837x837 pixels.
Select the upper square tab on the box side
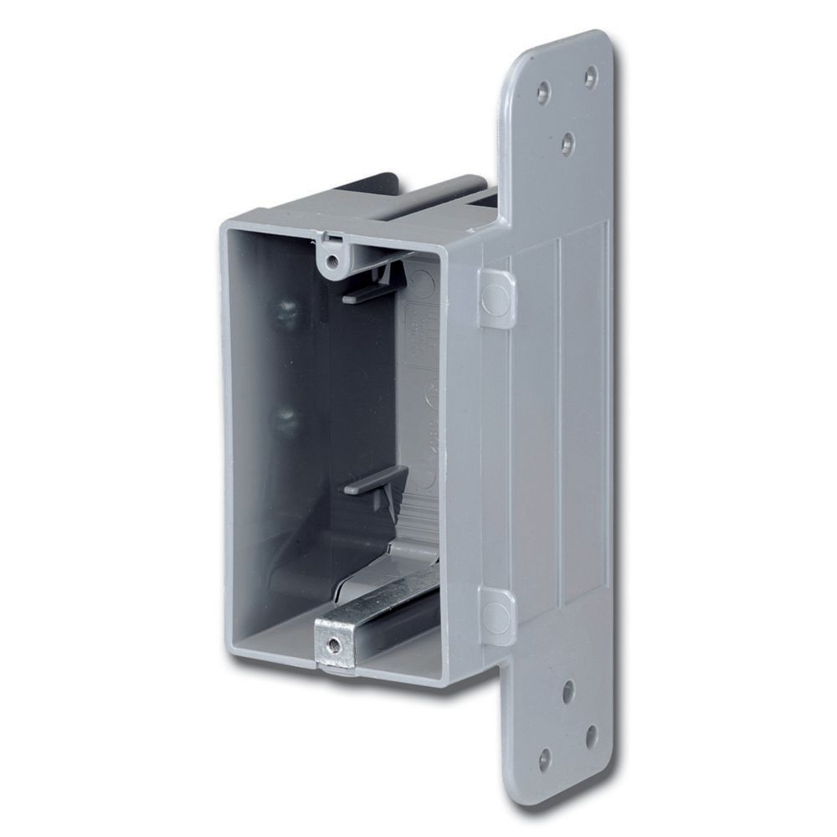497,296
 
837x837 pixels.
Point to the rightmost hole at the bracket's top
591,76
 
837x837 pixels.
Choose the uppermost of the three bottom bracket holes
568,691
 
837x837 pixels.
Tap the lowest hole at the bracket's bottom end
545,759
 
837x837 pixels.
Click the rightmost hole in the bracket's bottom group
592,734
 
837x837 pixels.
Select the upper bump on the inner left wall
286,311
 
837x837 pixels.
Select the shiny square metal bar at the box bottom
377,624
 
